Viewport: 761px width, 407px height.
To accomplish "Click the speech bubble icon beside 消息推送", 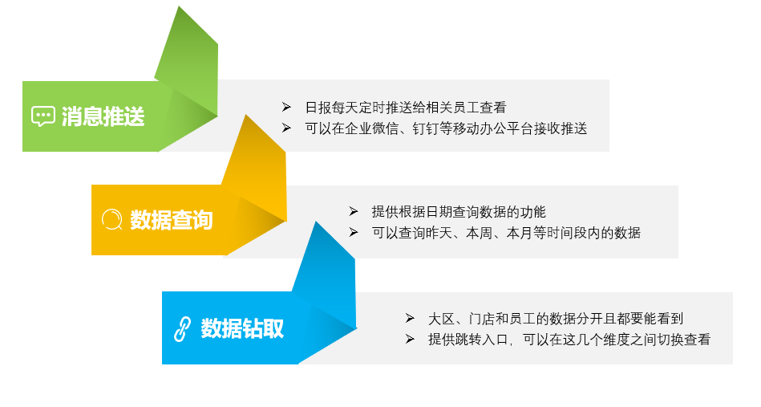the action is [x=43, y=116].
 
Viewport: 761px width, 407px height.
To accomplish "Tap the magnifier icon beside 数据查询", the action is [x=112, y=219].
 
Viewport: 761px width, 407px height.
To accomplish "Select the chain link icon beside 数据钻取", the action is [x=182, y=329].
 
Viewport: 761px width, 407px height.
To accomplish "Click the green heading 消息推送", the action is [x=103, y=116].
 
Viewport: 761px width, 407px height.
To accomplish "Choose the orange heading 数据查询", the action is [x=172, y=220].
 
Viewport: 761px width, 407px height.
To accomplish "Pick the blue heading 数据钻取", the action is [x=242, y=328].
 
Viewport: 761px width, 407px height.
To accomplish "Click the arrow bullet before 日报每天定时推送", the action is [x=286, y=107].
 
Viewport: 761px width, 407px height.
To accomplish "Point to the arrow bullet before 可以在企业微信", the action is [x=286, y=128].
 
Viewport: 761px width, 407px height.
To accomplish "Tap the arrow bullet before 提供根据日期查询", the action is [x=354, y=211].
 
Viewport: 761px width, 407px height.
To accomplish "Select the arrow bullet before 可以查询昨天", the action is [x=354, y=233].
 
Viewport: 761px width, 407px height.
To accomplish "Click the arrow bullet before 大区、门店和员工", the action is [x=410, y=318].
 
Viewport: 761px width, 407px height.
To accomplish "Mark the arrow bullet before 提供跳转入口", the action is [x=410, y=339].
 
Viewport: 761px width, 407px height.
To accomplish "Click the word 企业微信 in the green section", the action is [x=372, y=128].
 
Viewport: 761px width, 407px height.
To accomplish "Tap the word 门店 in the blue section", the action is [x=482, y=319].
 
